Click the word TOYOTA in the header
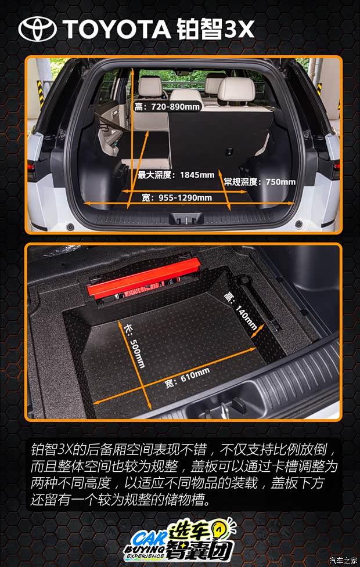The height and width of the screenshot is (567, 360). click(113, 29)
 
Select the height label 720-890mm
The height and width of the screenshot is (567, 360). click(167, 107)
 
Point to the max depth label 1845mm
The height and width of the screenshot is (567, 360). click(176, 174)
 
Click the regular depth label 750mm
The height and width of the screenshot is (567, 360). click(260, 182)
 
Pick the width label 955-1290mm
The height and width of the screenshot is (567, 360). click(177, 198)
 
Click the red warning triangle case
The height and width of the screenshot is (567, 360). click(143, 280)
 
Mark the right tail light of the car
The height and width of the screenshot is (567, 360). click(335, 169)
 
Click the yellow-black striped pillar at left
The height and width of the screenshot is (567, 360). click(41, 93)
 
